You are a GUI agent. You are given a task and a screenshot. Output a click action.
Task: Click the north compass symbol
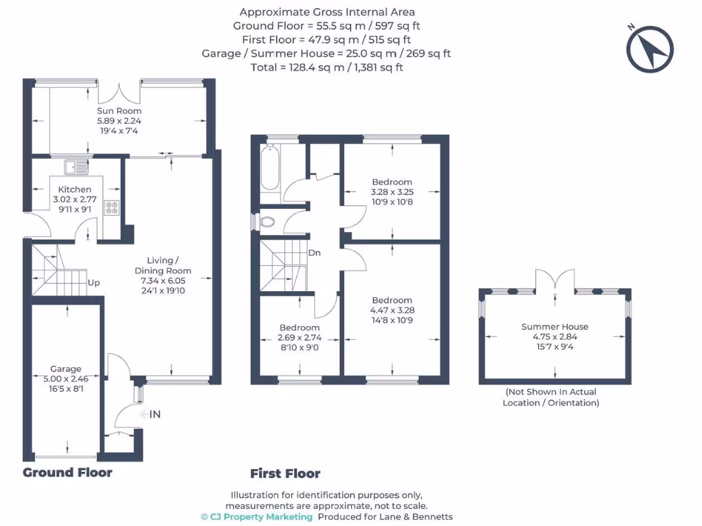651,48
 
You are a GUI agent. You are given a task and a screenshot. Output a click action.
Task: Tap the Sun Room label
119,111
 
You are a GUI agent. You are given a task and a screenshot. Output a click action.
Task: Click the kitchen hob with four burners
112,209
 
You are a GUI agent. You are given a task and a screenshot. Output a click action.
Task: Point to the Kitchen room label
74,190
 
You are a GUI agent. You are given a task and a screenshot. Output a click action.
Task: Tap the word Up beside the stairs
94,282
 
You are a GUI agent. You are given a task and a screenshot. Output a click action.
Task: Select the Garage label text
66,369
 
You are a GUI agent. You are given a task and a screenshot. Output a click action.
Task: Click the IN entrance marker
155,414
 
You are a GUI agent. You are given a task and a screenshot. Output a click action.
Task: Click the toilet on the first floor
265,222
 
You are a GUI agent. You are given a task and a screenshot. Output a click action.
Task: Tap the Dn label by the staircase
315,253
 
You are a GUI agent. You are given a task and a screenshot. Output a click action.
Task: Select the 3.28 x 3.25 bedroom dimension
391,192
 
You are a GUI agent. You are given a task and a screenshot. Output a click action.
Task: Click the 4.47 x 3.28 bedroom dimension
392,310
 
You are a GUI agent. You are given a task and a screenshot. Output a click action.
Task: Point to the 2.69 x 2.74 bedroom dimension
300,338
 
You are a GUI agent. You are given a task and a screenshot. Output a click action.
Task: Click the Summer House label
555,327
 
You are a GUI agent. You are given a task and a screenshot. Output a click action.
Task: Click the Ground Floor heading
67,473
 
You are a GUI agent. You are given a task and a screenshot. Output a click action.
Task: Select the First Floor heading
285,473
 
